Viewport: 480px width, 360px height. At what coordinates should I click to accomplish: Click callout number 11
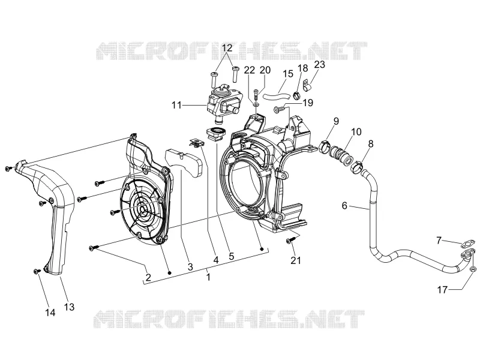click(176, 106)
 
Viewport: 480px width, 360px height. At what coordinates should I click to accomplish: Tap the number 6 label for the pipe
click(344, 205)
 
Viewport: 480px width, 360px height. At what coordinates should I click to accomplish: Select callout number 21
click(296, 260)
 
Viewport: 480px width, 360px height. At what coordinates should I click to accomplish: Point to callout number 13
click(69, 307)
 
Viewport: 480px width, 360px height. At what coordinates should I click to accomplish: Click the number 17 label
click(442, 289)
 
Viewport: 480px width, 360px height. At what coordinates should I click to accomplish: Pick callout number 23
click(319, 65)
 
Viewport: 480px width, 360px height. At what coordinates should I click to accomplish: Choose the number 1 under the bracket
click(208, 277)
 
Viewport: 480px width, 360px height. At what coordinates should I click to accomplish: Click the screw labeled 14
click(37, 271)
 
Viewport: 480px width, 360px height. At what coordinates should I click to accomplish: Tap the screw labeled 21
click(290, 241)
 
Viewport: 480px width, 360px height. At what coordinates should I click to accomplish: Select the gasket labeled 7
click(466, 244)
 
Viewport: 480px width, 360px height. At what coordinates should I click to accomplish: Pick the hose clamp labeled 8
click(356, 167)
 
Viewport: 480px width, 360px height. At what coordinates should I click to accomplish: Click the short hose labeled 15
click(277, 97)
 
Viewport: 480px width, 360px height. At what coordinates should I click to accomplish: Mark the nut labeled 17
click(473, 269)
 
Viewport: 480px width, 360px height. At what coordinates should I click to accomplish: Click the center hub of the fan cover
click(143, 209)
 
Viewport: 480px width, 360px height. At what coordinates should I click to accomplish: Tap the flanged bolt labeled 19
click(280, 109)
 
